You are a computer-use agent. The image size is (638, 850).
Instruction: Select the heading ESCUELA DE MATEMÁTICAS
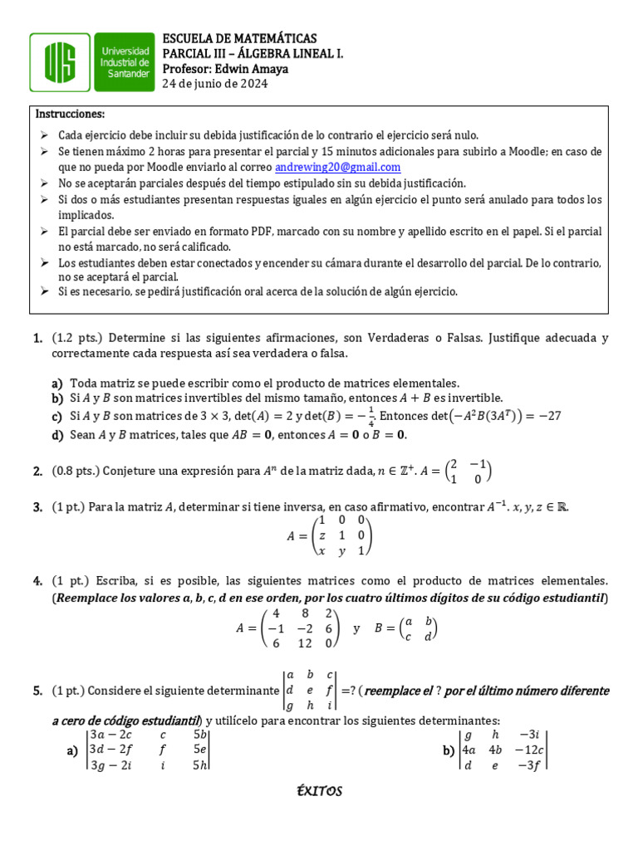tap(238, 39)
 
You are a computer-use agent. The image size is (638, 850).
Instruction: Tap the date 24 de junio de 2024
tap(214, 84)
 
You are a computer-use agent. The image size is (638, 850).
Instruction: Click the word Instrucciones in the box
tap(70, 114)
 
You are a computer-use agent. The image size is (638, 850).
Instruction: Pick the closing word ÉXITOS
tap(319, 791)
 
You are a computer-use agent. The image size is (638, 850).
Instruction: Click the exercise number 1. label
tap(38, 339)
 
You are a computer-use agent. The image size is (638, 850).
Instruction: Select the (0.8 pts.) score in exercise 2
tap(75, 471)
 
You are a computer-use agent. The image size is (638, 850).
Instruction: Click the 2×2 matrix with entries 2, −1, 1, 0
tap(469, 471)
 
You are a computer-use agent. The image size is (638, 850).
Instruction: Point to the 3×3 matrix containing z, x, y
tap(340, 535)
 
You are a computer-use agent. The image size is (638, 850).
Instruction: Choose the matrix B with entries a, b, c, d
tap(417, 628)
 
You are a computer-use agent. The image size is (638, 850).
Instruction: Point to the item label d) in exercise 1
tap(57, 435)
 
